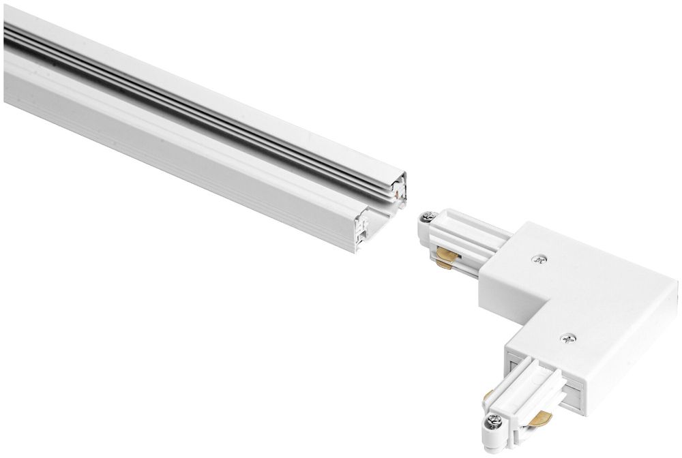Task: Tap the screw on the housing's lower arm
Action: pyautogui.click(x=567, y=337)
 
